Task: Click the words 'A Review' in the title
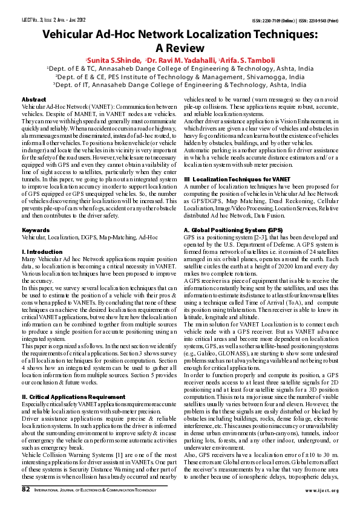[x=180, y=48]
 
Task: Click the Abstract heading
[x=33, y=99]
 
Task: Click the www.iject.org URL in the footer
[x=321, y=490]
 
